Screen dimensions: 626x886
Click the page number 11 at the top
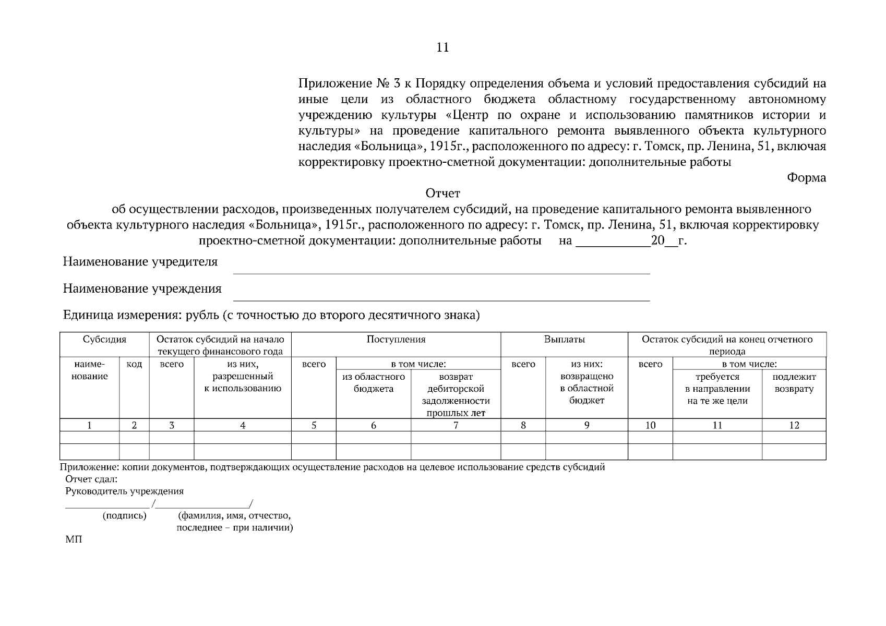[442, 48]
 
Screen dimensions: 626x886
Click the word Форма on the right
[806, 178]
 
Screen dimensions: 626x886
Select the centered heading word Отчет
[442, 194]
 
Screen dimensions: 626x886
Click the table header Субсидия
[104, 340]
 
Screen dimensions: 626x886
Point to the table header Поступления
[396, 340]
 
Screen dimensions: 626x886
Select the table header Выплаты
[564, 340]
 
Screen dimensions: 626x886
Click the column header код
[134, 364]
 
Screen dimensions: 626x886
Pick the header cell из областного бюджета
[373, 383]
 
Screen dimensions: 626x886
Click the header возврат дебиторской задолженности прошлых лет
[456, 395]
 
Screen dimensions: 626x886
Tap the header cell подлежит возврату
[794, 383]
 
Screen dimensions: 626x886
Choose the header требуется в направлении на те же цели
[717, 389]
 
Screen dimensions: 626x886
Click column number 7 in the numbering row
[456, 425]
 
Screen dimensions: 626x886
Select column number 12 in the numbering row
[794, 425]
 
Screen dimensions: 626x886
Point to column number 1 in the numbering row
[90, 425]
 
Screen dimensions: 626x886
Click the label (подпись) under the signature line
[124, 516]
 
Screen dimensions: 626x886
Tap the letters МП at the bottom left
[74, 540]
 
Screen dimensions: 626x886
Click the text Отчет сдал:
[91, 479]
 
